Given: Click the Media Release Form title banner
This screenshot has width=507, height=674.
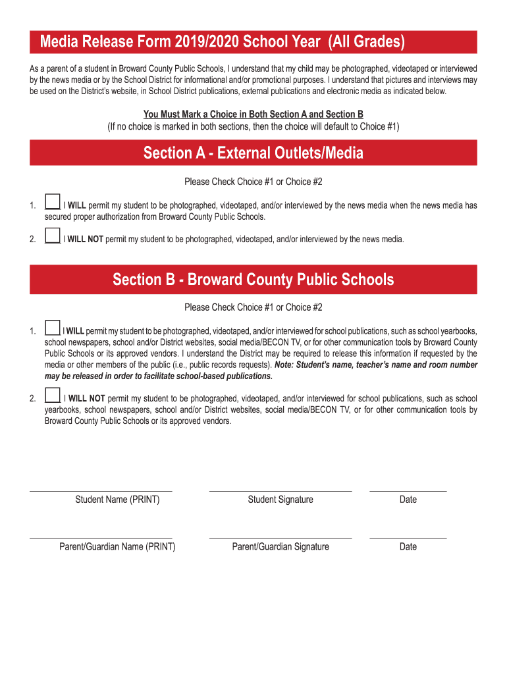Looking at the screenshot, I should click(x=254, y=43).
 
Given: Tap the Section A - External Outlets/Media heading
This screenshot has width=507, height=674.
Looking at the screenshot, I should click(x=254, y=153).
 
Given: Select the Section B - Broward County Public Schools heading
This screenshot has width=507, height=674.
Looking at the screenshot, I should click(x=254, y=280).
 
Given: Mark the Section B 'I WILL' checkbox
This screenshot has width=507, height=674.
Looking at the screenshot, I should click(x=53, y=328).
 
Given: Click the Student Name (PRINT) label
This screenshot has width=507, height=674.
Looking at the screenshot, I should click(x=117, y=500).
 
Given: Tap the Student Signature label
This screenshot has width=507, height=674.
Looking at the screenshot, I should click(x=280, y=500).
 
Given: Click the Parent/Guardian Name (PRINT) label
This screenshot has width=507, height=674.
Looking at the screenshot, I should click(x=117, y=547).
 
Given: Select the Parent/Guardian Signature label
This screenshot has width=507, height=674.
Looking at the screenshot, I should click(x=280, y=547).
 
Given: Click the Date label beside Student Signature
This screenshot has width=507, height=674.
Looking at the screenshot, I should click(x=408, y=500).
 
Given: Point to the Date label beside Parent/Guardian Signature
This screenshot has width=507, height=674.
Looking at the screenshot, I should click(x=408, y=547).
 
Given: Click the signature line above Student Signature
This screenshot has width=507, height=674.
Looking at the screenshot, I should click(x=280, y=491).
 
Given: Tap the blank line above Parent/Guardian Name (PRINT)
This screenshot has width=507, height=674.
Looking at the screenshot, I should click(x=101, y=538).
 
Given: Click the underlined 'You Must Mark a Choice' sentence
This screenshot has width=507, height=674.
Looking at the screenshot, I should click(x=254, y=114).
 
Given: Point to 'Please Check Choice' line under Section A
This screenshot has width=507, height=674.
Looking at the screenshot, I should click(x=254, y=182).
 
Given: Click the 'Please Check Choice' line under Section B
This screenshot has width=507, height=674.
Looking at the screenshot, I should click(x=254, y=307).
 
